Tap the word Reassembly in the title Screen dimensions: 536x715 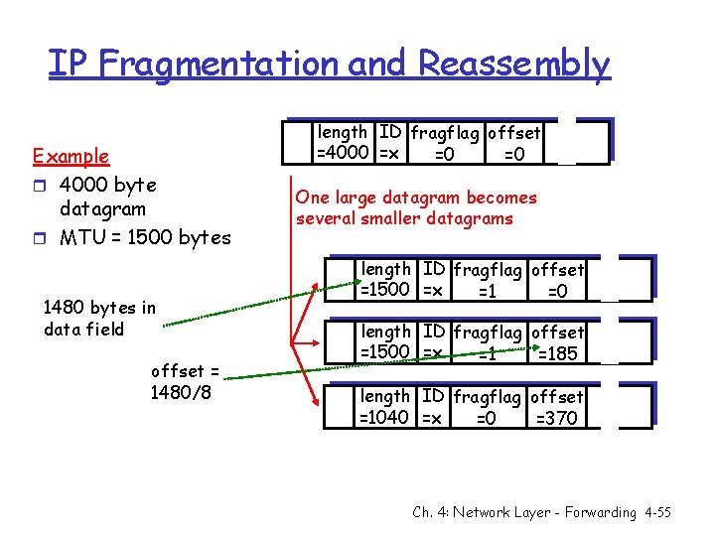click(x=513, y=64)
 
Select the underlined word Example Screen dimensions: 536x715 click(x=71, y=156)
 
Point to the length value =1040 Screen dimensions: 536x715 click(x=384, y=417)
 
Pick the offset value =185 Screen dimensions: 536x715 click(x=559, y=352)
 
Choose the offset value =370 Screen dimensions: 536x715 click(x=556, y=418)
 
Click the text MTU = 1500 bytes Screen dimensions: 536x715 click(x=145, y=237)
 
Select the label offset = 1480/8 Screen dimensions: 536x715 click(x=185, y=382)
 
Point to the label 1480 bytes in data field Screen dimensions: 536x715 click(x=99, y=319)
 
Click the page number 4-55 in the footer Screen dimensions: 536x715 click(x=655, y=512)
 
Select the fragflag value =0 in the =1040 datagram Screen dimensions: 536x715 click(x=485, y=418)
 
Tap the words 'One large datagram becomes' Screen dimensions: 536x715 click(x=416, y=198)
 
